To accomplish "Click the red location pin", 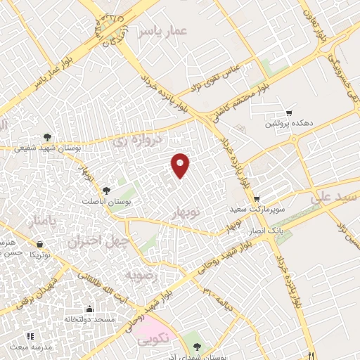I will click(181, 165).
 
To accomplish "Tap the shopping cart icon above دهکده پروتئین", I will click(288, 113).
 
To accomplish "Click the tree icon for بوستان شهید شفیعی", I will click(47, 137).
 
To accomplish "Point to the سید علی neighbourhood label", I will click(338, 199).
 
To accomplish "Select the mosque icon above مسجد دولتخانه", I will click(89, 309).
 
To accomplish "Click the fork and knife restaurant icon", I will click(309, 354).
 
